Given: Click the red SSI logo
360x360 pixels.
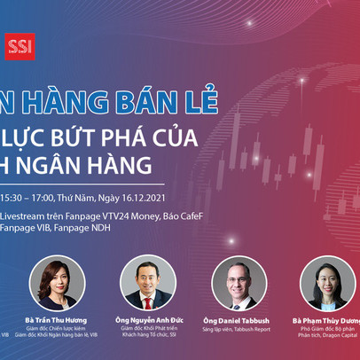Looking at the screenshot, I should tap(18, 45).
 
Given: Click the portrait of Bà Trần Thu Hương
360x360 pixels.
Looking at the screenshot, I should tap(57, 283).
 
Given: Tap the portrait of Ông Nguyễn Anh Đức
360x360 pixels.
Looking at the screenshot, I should tap(147, 283).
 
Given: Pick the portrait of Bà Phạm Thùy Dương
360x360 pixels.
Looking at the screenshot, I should tap(327, 283).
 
